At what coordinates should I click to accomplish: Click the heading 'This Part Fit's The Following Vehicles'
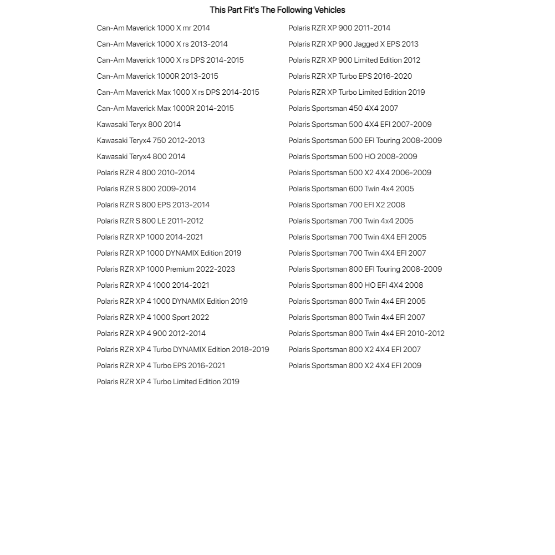[277, 10]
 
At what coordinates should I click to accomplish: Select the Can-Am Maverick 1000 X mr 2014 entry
[153, 28]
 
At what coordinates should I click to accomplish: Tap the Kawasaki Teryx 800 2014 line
[139, 124]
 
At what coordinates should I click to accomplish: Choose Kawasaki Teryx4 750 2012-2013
[151, 140]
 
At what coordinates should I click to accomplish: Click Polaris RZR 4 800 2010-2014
[146, 172]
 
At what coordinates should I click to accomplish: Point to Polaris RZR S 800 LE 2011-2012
[150, 221]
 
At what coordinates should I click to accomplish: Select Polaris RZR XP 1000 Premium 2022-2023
[166, 269]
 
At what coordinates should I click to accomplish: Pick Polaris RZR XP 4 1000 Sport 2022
[153, 317]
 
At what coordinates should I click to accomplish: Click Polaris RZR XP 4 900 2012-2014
[151, 333]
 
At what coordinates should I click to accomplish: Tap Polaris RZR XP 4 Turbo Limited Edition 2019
[168, 381]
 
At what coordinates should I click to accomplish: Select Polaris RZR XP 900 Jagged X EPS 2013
[353, 44]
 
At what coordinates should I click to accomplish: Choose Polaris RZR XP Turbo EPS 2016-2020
[350, 76]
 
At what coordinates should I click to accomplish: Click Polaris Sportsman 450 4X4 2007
[343, 108]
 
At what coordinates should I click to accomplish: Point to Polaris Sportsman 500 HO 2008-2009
[353, 156]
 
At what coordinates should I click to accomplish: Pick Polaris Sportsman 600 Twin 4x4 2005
[351, 189]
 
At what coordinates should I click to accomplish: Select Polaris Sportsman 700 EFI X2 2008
[347, 205]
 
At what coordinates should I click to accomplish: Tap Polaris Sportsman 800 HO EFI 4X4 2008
[355, 285]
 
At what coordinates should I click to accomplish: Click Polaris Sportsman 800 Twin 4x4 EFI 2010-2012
[366, 333]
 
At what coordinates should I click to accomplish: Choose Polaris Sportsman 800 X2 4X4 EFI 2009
[355, 365]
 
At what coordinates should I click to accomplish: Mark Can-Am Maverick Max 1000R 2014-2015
[165, 108]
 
